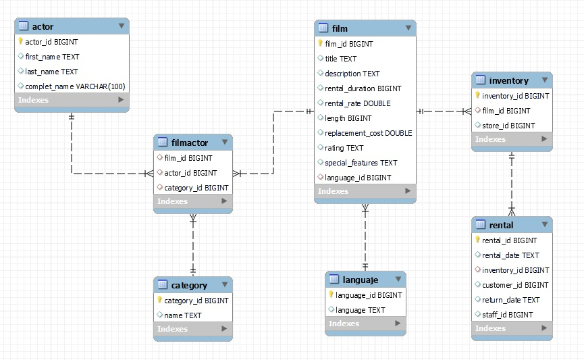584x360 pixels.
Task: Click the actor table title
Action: click(43, 26)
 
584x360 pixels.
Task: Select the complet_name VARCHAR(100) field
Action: click(75, 86)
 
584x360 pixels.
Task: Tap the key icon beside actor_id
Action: click(21, 42)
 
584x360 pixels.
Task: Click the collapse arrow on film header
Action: click(408, 28)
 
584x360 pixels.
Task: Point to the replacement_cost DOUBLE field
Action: click(368, 133)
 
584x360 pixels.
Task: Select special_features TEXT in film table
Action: click(361, 163)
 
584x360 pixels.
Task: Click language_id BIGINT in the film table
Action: click(358, 178)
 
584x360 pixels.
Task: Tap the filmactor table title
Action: click(190, 143)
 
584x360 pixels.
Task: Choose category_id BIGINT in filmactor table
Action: click(196, 188)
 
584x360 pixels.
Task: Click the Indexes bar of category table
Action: click(192, 329)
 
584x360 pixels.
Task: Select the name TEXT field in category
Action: click(183, 315)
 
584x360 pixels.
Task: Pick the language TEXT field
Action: click(360, 310)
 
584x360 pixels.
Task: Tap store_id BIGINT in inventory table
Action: click(508, 126)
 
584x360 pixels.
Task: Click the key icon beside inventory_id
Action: click(477, 96)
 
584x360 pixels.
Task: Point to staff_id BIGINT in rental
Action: click(507, 315)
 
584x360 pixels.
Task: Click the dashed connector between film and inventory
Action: click(444, 111)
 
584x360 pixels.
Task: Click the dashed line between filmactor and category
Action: click(193, 245)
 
